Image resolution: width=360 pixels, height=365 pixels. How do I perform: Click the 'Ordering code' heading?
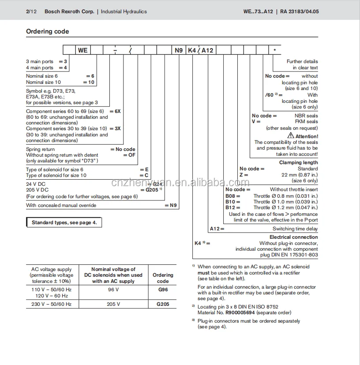coord(47,31)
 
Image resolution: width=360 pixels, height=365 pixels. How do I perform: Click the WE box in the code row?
coord(82,50)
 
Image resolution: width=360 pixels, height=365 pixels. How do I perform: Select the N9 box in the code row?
coord(178,50)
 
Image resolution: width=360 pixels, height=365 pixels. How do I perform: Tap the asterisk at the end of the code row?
coord(274,50)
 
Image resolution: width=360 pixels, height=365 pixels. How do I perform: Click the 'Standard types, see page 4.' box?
coord(64,223)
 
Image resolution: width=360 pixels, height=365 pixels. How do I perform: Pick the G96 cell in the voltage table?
coord(163,290)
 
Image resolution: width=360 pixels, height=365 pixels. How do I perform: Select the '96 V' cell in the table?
coord(113,290)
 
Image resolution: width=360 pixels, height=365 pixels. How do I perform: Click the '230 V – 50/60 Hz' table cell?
coord(51,304)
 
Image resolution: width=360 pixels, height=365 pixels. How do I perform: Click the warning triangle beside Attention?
coord(291,136)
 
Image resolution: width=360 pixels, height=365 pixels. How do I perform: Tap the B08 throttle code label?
coord(232,196)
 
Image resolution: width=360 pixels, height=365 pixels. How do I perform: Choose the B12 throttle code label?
coord(232,207)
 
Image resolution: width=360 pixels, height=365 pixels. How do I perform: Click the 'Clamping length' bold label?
coord(298,162)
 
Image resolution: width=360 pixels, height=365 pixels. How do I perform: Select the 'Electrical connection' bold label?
coord(293,237)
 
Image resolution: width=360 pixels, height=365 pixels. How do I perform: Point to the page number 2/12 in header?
coord(31,11)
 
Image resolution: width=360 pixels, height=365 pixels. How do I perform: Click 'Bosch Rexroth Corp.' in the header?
coord(69,11)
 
